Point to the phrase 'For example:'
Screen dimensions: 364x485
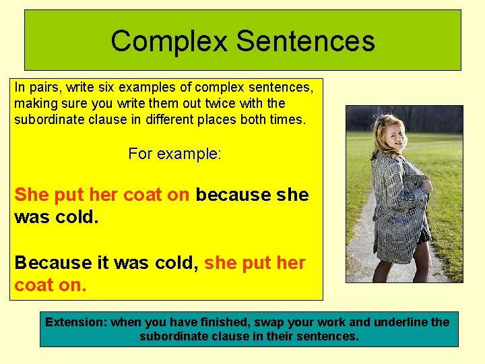coord(174,154)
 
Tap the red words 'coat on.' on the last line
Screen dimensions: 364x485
coord(51,285)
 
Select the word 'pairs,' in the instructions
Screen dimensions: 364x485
coord(42,87)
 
